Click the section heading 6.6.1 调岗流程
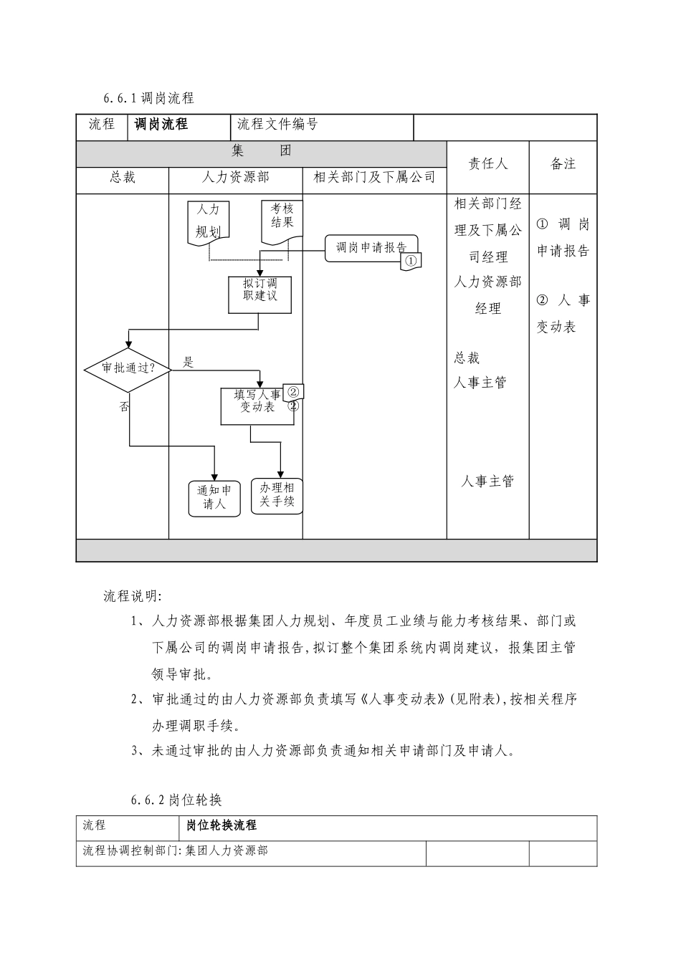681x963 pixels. [x=149, y=97]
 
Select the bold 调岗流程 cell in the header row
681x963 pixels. [x=161, y=125]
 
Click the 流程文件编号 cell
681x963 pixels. [x=277, y=125]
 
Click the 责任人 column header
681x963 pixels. [x=487, y=164]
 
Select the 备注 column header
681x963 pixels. [x=563, y=164]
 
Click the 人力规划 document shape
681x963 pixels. [x=208, y=221]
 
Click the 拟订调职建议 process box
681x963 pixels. [x=259, y=294]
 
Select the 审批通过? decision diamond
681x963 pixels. [x=128, y=368]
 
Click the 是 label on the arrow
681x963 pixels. [x=188, y=363]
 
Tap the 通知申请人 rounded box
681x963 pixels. [x=214, y=497]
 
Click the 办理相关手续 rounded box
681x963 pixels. [x=277, y=495]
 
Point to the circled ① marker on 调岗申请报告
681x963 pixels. [x=410, y=261]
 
